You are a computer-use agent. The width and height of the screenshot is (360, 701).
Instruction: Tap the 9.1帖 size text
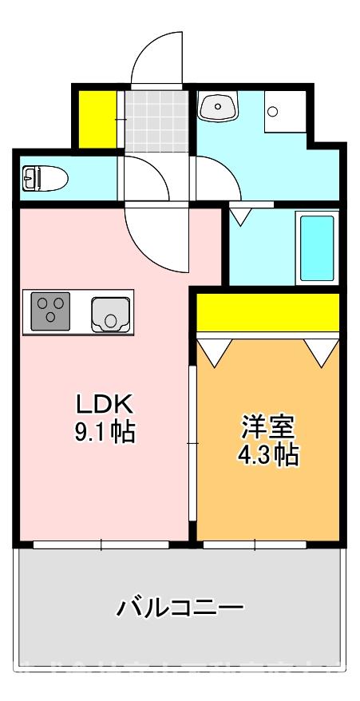(x=104, y=432)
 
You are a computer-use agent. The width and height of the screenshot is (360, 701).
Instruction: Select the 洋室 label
(x=268, y=426)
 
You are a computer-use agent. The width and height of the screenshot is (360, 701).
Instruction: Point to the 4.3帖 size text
(x=268, y=454)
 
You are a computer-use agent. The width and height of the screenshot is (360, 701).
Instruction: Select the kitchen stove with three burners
(x=51, y=311)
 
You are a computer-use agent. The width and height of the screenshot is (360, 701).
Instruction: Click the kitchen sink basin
(x=109, y=312)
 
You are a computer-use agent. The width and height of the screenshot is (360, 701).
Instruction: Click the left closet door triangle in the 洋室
(x=214, y=350)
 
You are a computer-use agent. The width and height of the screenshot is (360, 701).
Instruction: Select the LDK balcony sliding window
(x=102, y=545)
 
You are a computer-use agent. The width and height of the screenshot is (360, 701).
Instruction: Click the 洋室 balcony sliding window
(x=255, y=545)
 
